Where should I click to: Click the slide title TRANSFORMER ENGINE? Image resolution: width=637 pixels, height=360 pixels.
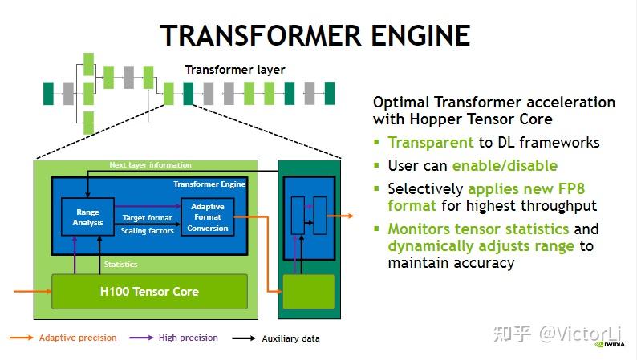click(x=314, y=36)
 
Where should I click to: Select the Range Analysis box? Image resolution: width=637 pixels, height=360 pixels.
click(x=87, y=217)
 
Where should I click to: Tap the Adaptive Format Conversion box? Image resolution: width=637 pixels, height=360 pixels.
click(x=208, y=217)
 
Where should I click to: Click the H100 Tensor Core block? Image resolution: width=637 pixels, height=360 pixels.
click(x=149, y=291)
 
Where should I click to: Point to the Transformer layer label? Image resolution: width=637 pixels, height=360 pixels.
click(x=235, y=70)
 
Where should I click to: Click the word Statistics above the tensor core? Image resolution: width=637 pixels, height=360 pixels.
click(x=121, y=264)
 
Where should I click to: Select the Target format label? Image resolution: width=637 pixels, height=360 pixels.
click(x=148, y=217)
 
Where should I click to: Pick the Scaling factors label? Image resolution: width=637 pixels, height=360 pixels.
click(x=147, y=231)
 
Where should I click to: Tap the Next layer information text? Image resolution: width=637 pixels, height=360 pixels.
click(x=151, y=165)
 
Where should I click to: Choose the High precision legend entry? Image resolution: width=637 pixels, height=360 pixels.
click(x=188, y=338)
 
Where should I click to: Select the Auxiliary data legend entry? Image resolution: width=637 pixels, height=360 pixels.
click(x=290, y=338)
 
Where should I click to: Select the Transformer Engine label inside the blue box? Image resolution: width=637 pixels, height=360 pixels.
click(x=209, y=184)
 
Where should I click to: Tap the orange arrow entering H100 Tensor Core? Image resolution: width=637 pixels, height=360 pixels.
click(x=32, y=291)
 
